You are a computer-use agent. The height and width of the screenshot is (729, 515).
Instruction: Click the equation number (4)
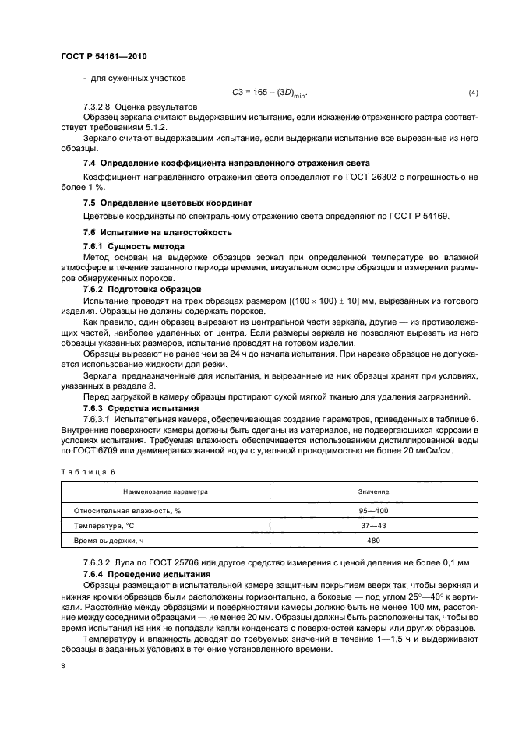pos(472,93)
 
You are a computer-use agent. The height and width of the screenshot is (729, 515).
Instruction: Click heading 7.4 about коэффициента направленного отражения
pos(226,162)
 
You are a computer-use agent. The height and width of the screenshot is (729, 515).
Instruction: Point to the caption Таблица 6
pos(87,471)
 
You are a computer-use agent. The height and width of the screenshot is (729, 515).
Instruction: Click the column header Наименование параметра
pos(165,492)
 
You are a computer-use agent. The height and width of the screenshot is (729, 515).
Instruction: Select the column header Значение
pos(373,492)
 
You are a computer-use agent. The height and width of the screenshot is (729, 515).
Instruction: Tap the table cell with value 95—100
pos(373,511)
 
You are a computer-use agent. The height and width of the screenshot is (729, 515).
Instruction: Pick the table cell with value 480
pos(373,540)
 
